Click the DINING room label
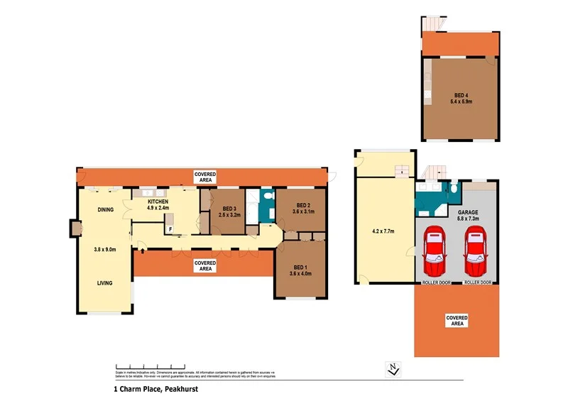(105, 209)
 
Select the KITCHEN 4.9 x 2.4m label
(158, 205)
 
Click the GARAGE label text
(467, 215)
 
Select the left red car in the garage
(434, 254)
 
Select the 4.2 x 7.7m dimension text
(384, 231)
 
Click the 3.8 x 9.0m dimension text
(105, 249)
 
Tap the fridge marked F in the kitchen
(170, 229)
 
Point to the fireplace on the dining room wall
(75, 229)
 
